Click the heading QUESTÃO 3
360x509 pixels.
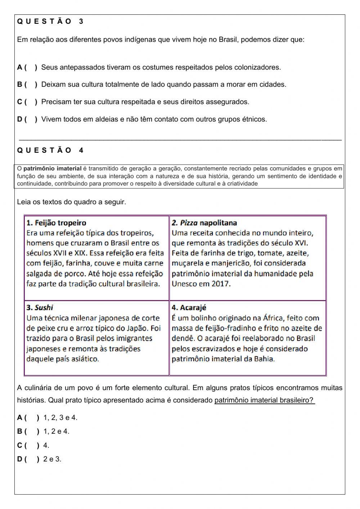50,22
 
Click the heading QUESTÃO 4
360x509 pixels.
50,151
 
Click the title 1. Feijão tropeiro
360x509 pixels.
57,223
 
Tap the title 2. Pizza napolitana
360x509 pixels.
204,223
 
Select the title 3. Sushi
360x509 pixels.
40,308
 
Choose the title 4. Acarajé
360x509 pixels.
189,308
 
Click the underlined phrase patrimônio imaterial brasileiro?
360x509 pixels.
264,400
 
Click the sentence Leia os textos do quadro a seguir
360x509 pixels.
72,202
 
